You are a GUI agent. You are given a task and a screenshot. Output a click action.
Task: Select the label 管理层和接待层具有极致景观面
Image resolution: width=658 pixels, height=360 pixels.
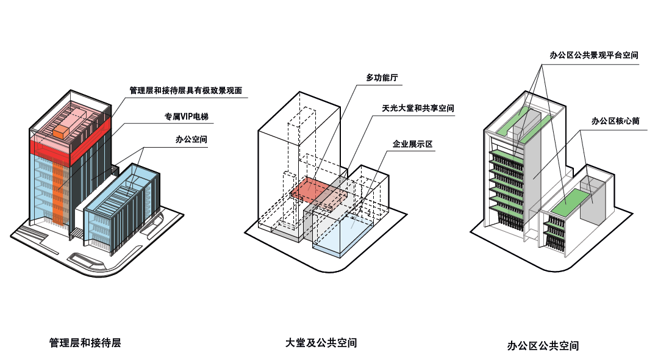point(186,91)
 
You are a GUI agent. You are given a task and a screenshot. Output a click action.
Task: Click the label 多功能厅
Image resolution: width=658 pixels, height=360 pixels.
point(382,78)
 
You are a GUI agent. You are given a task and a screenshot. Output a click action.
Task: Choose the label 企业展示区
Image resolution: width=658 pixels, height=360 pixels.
point(412,144)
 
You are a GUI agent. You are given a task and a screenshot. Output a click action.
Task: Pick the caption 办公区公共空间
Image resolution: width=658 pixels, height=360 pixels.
point(543,345)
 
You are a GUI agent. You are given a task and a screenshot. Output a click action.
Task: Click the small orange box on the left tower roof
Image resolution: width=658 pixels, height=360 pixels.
point(62,131)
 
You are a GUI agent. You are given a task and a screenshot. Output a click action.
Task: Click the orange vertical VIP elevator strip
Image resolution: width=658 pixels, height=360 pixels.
point(59,189)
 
